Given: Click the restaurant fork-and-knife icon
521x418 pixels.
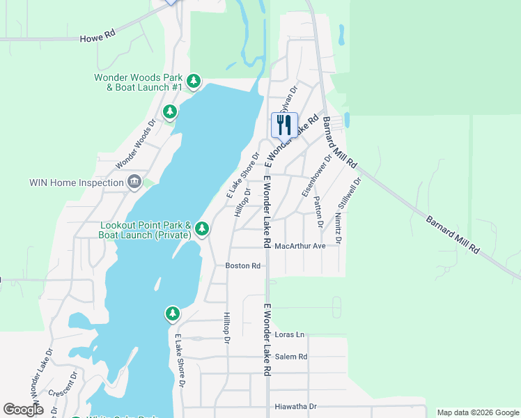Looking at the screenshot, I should coord(284,125).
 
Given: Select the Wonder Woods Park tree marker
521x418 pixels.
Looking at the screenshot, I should coord(194,82).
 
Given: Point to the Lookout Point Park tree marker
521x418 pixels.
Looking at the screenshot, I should coord(202,228).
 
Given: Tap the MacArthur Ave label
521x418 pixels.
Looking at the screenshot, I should coord(300,246).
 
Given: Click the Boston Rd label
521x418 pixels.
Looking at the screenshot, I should coord(242,265).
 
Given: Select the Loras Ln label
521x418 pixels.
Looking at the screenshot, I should coord(290,334).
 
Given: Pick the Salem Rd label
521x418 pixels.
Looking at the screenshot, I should coord(291,356).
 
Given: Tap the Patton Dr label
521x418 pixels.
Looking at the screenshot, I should coord(319,212).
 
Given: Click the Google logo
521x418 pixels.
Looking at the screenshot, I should coord(23,410).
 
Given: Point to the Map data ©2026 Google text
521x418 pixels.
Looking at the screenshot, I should coord(478,412).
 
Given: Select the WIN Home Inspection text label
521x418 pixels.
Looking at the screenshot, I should coord(75,183).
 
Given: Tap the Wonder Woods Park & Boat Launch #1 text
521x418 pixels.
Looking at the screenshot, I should coord(139,82).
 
